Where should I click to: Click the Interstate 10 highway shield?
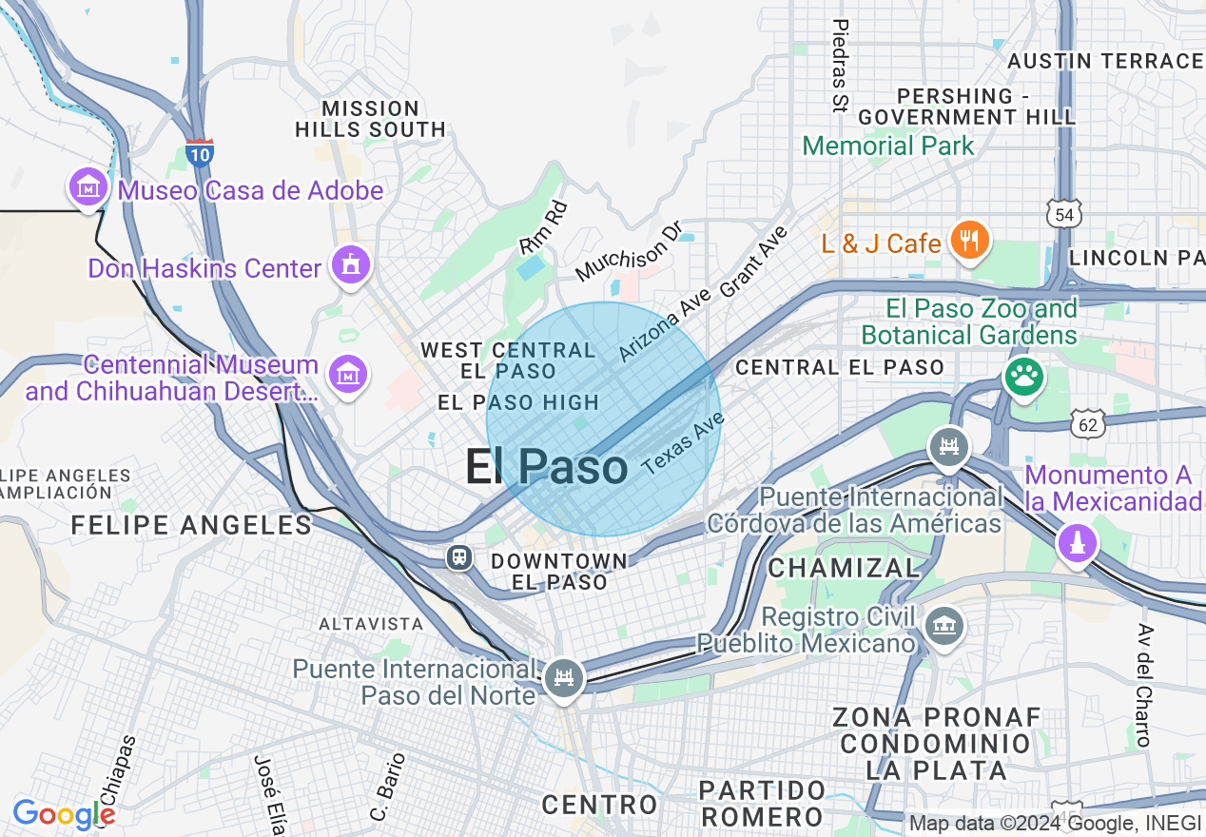point(200,153)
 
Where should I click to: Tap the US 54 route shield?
point(1063,214)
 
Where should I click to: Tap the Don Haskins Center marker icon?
point(350,265)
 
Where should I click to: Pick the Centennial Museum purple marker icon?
point(348,375)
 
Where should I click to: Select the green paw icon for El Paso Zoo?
point(1023,378)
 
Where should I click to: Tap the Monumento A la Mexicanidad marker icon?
point(1077,544)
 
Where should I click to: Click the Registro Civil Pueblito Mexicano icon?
point(946,626)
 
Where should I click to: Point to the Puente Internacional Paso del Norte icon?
point(565,678)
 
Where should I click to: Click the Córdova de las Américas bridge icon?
point(948,445)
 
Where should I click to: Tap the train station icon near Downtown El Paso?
point(460,556)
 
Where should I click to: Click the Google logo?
point(64,814)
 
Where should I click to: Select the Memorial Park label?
point(888,146)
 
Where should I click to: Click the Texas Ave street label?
point(683,447)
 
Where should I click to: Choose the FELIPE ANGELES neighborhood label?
point(191,525)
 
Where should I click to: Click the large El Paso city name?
point(546,467)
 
